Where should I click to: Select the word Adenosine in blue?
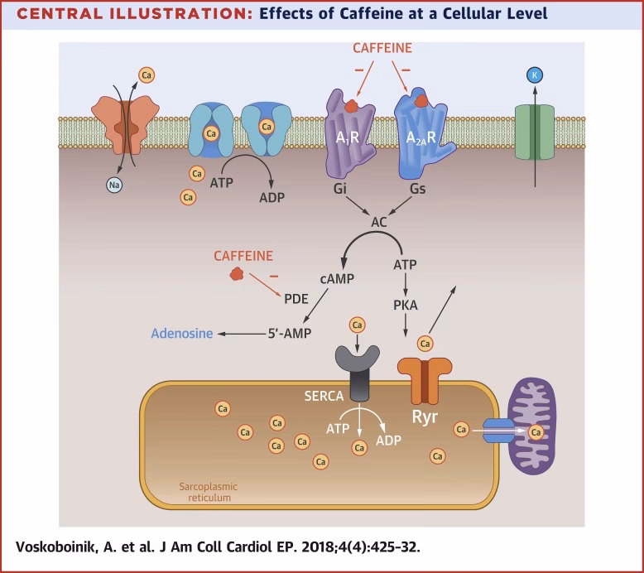[181, 334]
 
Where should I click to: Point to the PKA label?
[406, 305]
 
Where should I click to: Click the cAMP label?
[336, 279]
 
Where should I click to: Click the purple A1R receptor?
[352, 132]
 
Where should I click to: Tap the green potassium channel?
[535, 132]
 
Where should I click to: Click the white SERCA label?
[322, 397]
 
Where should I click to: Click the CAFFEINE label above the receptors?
[382, 48]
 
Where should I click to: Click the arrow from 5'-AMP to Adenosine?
[239, 334]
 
